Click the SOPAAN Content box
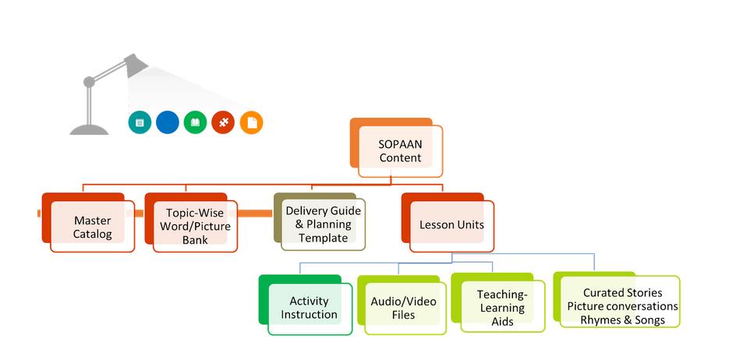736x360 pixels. [x=400, y=150]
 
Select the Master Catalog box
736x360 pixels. [x=92, y=227]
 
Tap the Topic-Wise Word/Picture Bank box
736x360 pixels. [x=195, y=225]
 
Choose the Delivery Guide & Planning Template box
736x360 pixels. [x=323, y=224]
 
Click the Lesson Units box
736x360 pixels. [x=451, y=225]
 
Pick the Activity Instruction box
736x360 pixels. [x=309, y=308]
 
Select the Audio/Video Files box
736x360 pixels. [x=403, y=308]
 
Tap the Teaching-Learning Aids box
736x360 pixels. [x=502, y=308]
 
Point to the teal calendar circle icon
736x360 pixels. [x=140, y=122]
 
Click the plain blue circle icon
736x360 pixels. [x=168, y=122]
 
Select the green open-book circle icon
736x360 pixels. [x=195, y=122]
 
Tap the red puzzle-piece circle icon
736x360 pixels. [x=223, y=122]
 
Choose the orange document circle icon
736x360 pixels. [x=251, y=122]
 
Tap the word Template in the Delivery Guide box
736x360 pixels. [x=323, y=238]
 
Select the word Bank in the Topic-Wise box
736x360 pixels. [x=195, y=240]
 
